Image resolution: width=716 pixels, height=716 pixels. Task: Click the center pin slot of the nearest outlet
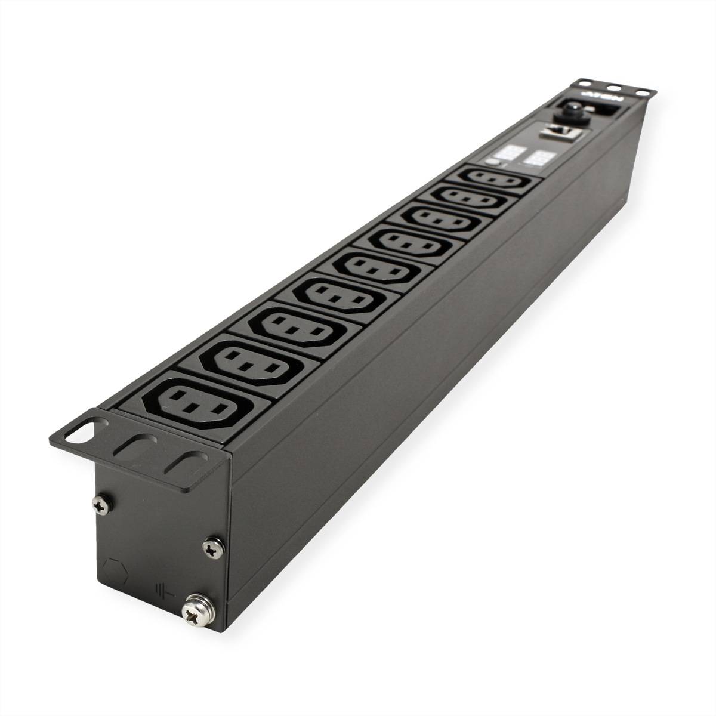pos(190,408)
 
